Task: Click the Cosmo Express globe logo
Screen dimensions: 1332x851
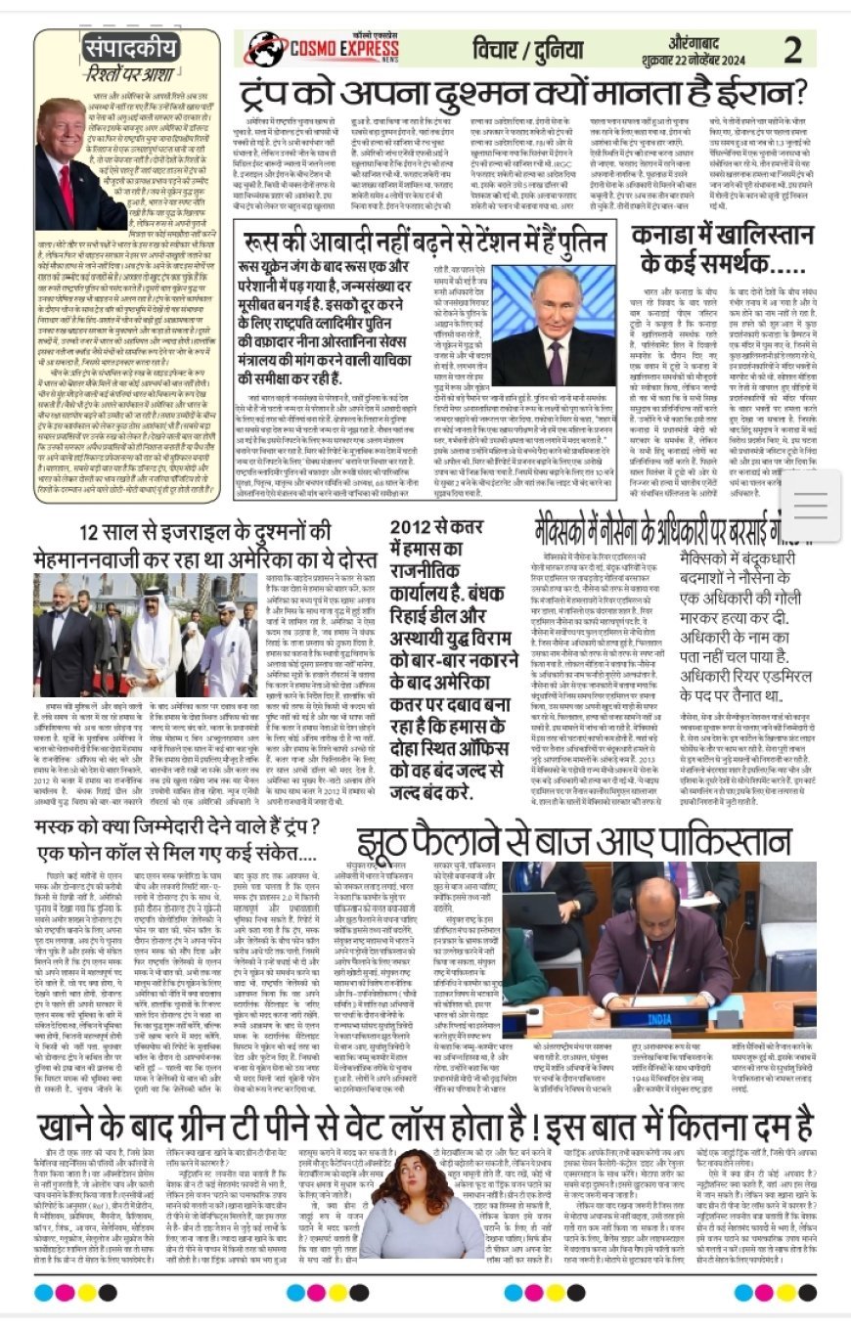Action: click(x=267, y=49)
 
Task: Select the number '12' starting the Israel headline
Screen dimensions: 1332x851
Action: click(x=95, y=533)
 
